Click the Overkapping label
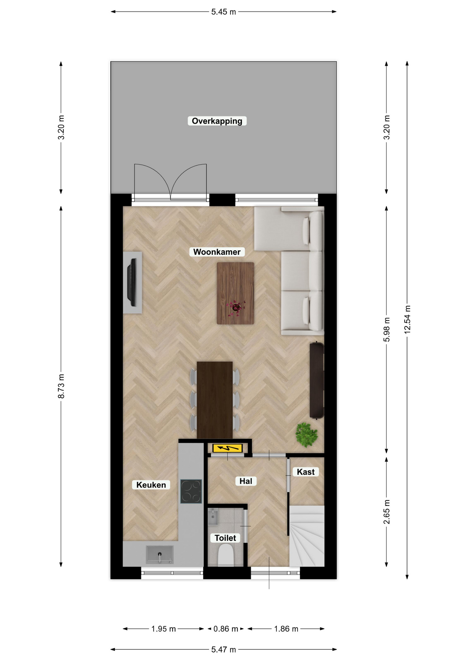(x=217, y=121)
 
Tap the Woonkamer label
(x=217, y=252)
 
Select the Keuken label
(x=151, y=485)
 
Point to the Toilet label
(x=225, y=538)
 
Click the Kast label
(x=306, y=472)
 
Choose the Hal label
(x=246, y=481)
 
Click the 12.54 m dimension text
(x=407, y=319)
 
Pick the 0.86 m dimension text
(x=226, y=629)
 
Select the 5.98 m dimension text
(x=387, y=330)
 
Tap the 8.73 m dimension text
(x=61, y=386)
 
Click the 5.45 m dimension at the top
(x=224, y=12)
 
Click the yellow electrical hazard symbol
(x=227, y=448)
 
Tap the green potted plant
(x=306, y=434)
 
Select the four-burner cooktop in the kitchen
(x=191, y=491)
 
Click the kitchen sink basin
(x=160, y=554)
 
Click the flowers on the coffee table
(x=236, y=307)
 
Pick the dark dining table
(x=215, y=400)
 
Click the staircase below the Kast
(x=307, y=536)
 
